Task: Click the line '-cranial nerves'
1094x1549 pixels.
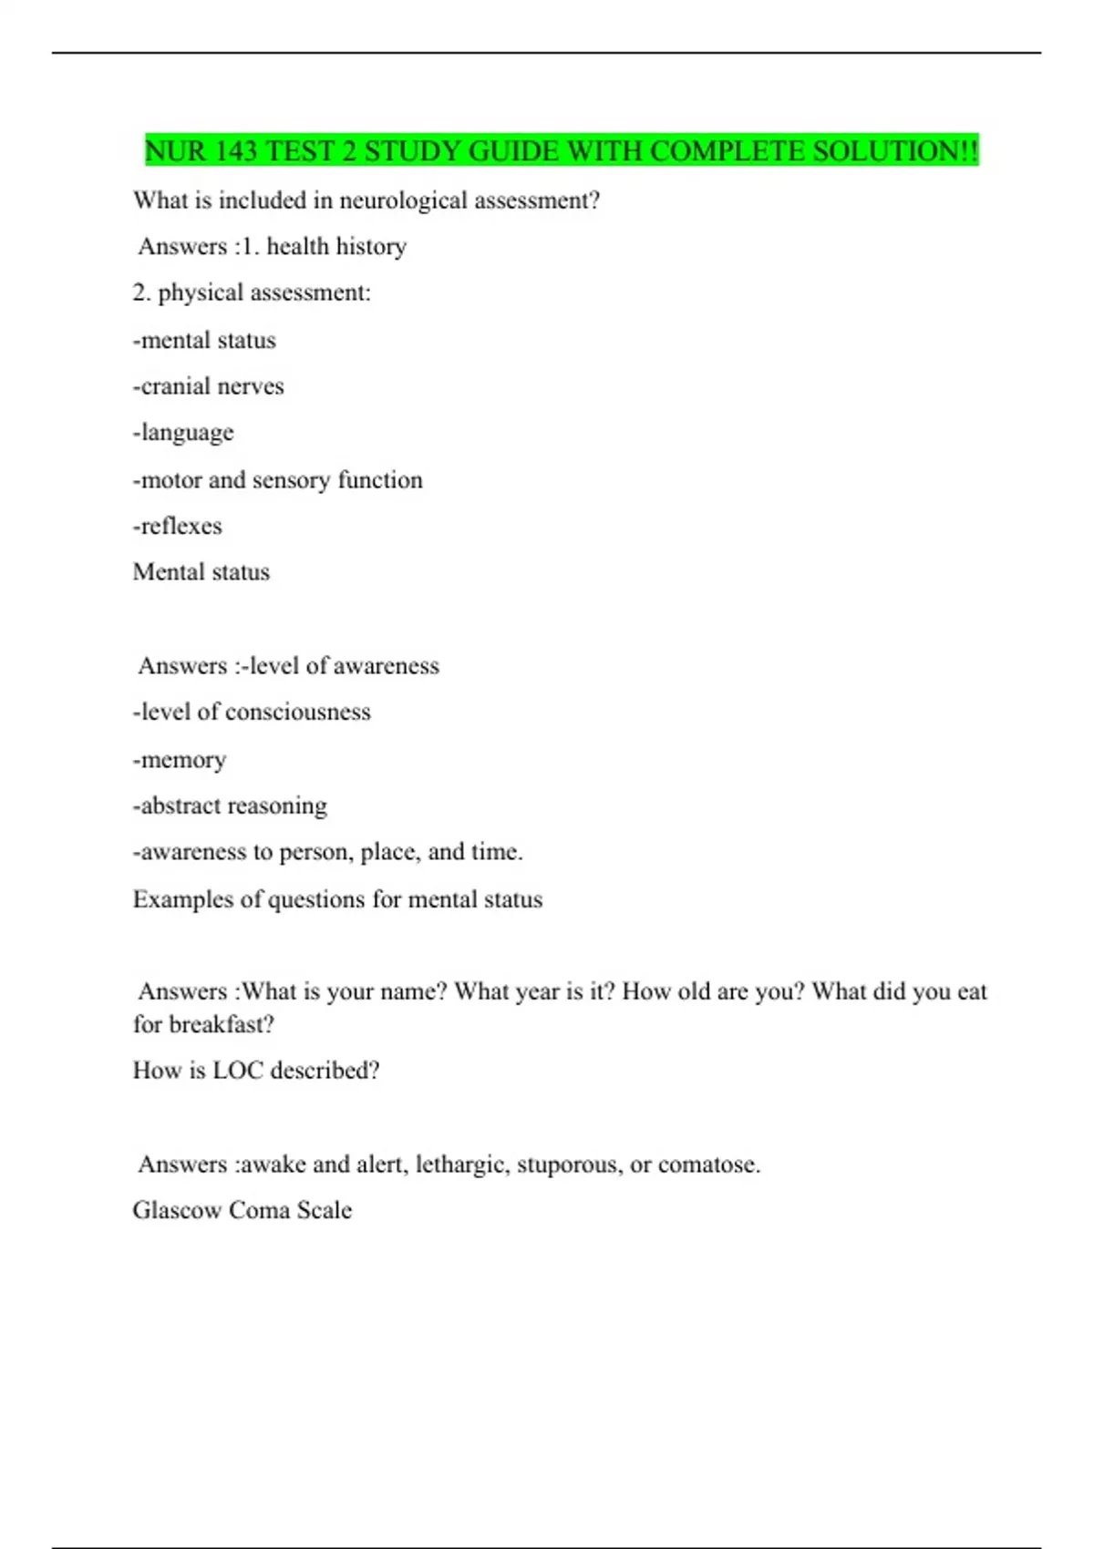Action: [x=209, y=386]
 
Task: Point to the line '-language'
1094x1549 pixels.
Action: [x=183, y=433]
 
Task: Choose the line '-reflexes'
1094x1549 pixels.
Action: [x=178, y=526]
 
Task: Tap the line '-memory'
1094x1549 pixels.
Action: [x=180, y=760]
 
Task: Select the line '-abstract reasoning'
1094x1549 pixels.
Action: [x=230, y=805]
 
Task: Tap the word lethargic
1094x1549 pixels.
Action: [x=462, y=1164]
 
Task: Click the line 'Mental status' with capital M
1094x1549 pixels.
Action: [x=201, y=572]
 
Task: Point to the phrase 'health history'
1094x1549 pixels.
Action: [x=336, y=247]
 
